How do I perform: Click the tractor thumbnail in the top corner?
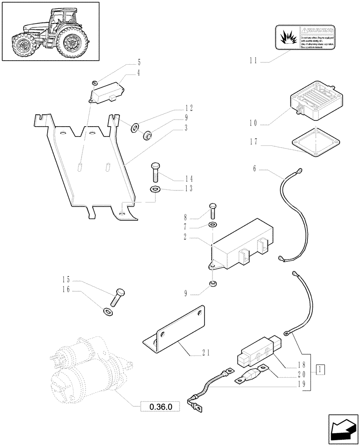pos(50,31)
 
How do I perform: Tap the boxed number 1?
pos(320,369)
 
